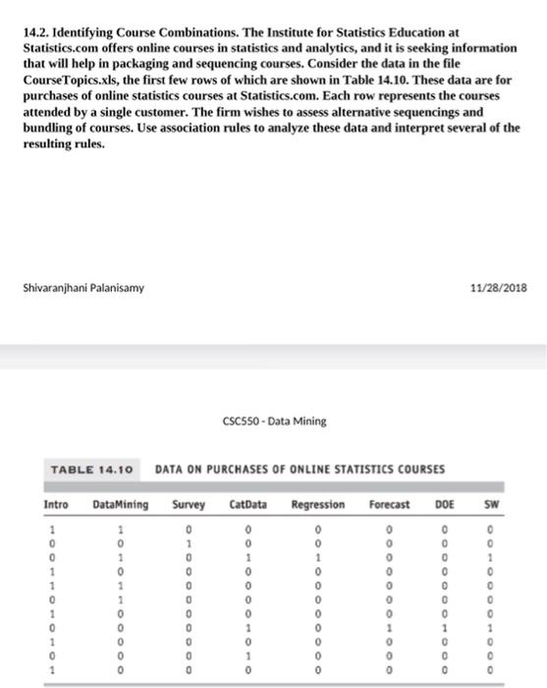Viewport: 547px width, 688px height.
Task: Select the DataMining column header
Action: click(x=120, y=504)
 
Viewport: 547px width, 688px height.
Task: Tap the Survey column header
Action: click(x=188, y=504)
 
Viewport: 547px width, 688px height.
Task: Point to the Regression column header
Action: click(x=318, y=504)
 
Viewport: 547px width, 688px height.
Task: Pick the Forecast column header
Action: click(x=390, y=504)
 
